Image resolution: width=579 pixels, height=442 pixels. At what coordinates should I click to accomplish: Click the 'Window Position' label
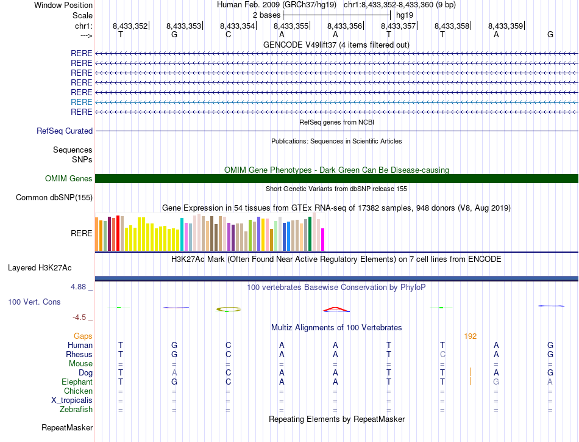63,5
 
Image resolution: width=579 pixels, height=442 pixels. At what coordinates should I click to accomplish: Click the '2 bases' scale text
266,15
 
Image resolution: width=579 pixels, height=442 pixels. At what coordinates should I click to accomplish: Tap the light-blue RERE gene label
82,102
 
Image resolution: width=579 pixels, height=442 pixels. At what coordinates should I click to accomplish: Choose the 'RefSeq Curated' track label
65,131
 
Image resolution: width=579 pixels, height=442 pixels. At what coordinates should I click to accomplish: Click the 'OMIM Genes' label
69,179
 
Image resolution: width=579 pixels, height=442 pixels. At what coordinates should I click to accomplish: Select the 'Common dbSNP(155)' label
54,198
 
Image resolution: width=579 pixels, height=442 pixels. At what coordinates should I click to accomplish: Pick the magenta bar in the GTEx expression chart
323,239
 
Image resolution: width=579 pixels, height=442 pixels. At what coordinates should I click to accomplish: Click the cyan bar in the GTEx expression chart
182,234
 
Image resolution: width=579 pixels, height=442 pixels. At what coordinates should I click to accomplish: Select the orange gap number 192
470,336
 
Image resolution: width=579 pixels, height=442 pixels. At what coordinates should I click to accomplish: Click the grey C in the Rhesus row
443,354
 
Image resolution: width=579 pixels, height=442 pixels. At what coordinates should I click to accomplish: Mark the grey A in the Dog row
174,372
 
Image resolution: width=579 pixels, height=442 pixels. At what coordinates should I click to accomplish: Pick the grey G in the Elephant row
497,382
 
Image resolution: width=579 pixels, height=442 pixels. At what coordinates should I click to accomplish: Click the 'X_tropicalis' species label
72,400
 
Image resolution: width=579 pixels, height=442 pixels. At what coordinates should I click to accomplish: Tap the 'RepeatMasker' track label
67,428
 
